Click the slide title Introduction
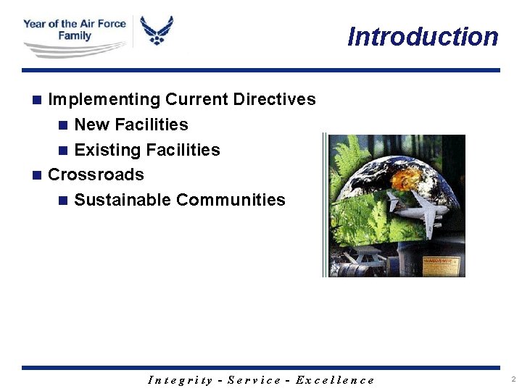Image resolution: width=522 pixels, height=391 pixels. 423,37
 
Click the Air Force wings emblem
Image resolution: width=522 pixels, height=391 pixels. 157,32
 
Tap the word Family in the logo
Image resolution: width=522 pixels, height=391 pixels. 75,35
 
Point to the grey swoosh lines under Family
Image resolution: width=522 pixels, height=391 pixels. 72,50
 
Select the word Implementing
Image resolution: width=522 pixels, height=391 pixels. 104,99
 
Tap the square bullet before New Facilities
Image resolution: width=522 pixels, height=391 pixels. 63,125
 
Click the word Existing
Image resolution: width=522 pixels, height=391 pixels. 107,150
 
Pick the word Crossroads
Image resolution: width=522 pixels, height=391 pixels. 96,175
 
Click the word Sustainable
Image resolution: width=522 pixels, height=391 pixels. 122,200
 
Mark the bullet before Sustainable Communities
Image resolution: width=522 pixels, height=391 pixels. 63,200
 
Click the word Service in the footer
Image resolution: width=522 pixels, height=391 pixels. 254,380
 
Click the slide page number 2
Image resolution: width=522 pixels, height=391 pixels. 513,379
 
